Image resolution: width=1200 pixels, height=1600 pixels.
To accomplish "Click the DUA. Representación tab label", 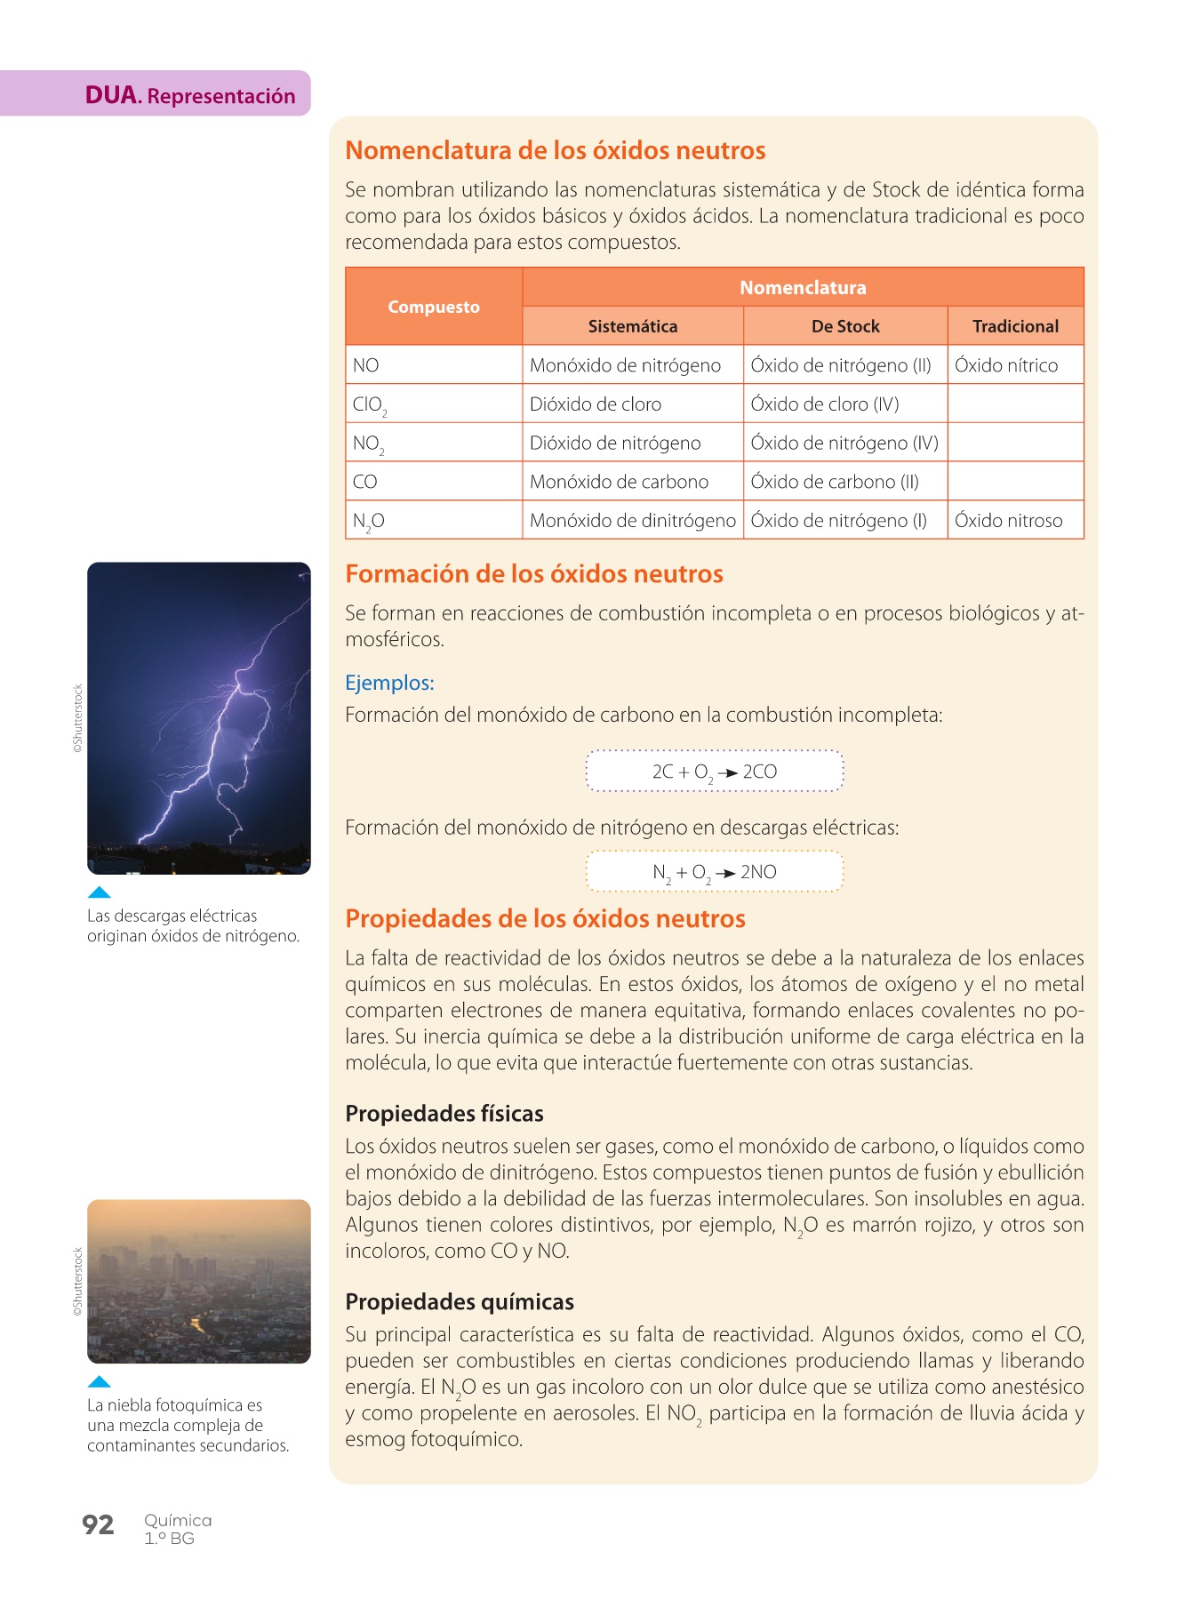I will click(189, 95).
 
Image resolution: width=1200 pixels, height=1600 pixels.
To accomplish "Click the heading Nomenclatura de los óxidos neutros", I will click(555, 150).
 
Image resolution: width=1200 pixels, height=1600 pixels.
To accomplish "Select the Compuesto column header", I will click(433, 307).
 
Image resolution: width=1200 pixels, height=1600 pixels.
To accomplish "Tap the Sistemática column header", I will click(632, 326).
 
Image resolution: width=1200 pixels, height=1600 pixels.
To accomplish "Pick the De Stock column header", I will click(844, 326).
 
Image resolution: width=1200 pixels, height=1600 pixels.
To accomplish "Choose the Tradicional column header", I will click(1015, 326).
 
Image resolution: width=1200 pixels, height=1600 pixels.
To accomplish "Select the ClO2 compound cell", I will click(369, 404).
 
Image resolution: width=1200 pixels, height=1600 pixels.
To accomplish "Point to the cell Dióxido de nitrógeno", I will click(615, 443).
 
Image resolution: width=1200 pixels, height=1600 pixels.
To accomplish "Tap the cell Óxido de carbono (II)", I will click(834, 482).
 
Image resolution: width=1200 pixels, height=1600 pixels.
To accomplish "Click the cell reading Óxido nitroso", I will click(1008, 521).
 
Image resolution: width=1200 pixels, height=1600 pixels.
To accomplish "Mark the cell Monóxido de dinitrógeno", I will click(632, 521).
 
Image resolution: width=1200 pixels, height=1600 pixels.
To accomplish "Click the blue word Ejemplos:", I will click(389, 683).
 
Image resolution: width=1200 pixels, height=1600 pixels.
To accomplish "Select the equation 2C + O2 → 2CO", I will click(714, 772).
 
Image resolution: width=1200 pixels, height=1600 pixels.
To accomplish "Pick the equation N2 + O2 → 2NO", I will click(714, 872).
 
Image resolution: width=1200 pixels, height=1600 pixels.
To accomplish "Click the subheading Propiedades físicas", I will click(444, 1114).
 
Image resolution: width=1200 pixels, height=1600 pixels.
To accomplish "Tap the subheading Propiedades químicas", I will click(459, 1302).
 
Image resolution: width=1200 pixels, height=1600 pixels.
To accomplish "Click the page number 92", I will click(98, 1525).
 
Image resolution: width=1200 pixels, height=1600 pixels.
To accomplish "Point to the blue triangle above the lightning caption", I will click(100, 892).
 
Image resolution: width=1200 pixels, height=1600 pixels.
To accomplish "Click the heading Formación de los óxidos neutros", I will click(533, 574).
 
